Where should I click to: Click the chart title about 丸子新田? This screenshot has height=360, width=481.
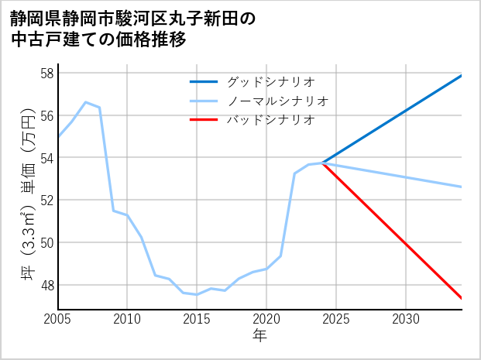132,29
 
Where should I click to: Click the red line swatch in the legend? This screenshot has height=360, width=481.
204,120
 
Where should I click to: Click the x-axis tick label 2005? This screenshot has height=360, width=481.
58,319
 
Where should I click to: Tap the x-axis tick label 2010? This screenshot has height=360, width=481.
127,319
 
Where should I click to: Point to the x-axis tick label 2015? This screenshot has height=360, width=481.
197,319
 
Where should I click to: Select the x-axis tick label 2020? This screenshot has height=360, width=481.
266,319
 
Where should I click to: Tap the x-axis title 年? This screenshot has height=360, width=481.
259,335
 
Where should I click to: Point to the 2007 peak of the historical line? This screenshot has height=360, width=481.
85,102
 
